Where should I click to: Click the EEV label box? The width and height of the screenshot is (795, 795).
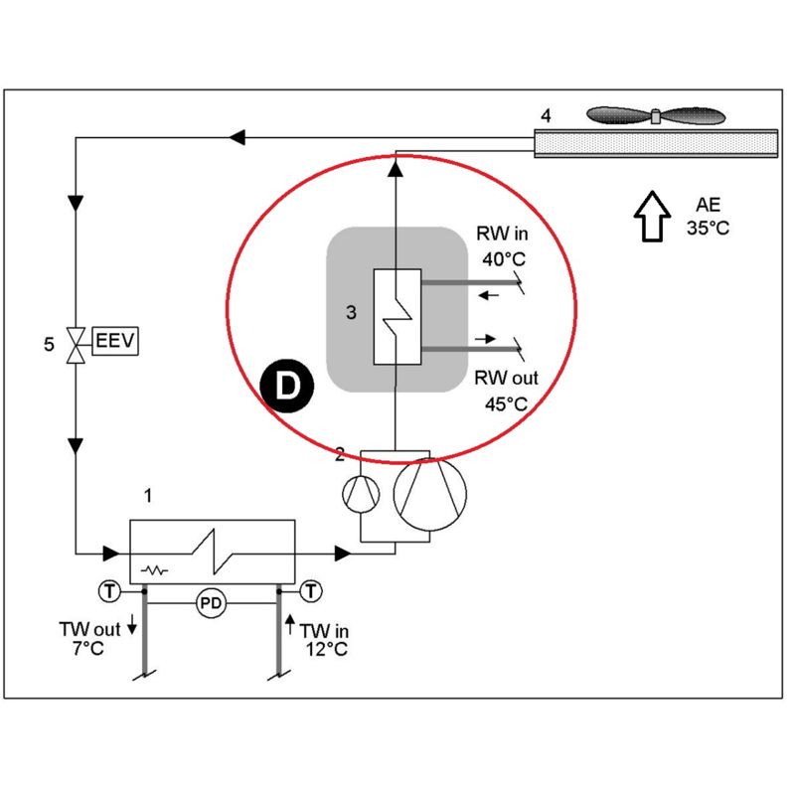click(115, 341)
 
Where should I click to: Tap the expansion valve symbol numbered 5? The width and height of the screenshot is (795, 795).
click(76, 345)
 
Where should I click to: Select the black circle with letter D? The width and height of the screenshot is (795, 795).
click(287, 386)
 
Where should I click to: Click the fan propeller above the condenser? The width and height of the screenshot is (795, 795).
click(656, 116)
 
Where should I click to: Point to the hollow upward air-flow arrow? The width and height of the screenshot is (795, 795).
click(652, 216)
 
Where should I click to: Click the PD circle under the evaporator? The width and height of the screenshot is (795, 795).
click(211, 603)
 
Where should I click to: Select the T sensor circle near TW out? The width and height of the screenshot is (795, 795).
click(109, 591)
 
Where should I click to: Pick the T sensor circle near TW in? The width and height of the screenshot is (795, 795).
click(311, 591)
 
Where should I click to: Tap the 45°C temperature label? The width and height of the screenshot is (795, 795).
click(506, 404)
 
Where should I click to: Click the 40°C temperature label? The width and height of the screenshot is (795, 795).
click(504, 259)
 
